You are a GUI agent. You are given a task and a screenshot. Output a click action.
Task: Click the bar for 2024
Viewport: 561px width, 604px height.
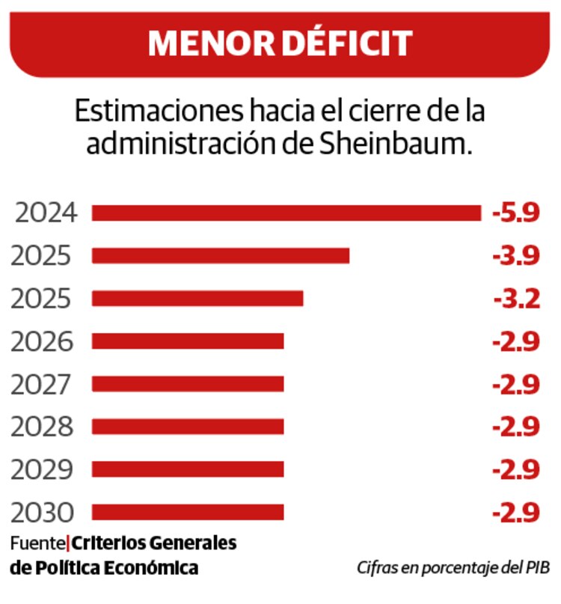[286, 213]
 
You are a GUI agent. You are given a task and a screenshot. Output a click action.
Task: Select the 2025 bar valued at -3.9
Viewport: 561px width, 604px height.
[221, 256]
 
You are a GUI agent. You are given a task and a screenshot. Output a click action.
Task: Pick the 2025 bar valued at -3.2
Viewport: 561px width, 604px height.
[197, 299]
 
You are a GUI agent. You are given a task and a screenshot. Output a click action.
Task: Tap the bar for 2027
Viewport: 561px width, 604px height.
[188, 384]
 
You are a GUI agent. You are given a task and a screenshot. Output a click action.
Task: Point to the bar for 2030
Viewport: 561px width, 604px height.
[188, 512]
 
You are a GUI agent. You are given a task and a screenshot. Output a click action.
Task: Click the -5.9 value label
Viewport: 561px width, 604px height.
[516, 213]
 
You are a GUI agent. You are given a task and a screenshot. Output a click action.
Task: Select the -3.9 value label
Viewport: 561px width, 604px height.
[516, 256]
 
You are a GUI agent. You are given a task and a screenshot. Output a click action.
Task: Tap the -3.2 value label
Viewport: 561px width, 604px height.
[517, 299]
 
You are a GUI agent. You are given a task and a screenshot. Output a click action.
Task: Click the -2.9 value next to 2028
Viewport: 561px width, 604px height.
[516, 427]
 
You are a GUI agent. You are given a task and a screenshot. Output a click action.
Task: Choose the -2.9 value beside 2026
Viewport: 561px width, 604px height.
[516, 342]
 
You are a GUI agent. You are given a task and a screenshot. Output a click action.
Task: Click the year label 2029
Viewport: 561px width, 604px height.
[42, 470]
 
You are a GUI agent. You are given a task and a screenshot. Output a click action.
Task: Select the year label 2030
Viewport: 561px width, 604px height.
[43, 513]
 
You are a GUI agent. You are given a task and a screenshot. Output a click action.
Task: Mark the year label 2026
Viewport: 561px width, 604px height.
[42, 342]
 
